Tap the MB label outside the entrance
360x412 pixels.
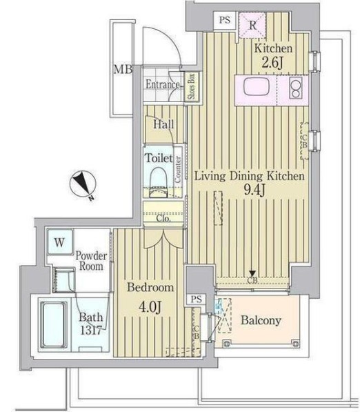pyautogui.click(x=122, y=69)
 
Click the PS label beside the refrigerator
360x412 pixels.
pyautogui.click(x=224, y=20)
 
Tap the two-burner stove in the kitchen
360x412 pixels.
pyautogui.click(x=295, y=90)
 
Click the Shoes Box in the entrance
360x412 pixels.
pyautogui.click(x=190, y=88)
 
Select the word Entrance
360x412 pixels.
pyautogui.click(x=162, y=85)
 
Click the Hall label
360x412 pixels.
pyautogui.click(x=163, y=125)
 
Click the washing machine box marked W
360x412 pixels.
pyautogui.click(x=59, y=242)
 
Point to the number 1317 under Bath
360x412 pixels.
pyautogui.click(x=90, y=330)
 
